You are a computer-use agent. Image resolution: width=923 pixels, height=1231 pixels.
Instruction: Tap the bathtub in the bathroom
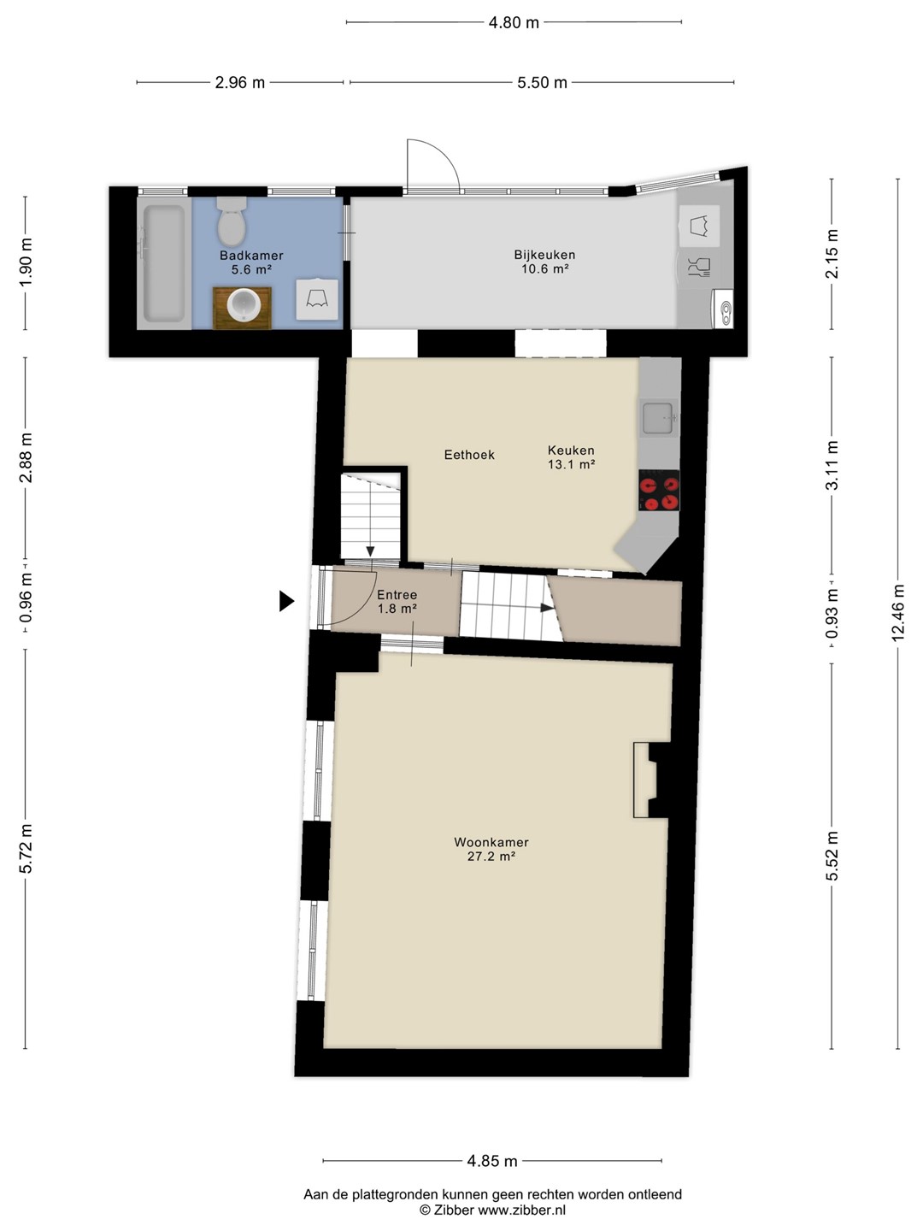[164, 264]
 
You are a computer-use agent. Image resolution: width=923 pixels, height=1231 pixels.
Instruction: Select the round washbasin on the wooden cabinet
[244, 307]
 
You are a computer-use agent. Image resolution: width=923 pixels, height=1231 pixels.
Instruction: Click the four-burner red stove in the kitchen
[659, 490]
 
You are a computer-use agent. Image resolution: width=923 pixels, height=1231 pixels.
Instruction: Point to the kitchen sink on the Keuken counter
[658, 418]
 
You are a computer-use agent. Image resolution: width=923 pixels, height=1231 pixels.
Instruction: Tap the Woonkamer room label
[491, 842]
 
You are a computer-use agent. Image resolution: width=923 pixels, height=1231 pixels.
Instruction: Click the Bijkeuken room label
[544, 255]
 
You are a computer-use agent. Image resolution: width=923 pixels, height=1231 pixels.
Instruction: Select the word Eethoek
[470, 454]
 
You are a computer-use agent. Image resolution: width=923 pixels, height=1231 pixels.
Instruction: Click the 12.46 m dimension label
[897, 613]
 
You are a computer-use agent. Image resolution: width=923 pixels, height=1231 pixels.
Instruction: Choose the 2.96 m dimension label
[240, 82]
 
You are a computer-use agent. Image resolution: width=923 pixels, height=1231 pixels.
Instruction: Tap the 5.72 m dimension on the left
[26, 849]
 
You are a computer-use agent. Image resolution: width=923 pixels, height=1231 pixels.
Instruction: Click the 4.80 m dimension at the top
[514, 22]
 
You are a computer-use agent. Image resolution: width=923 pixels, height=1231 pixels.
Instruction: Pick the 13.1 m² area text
[571, 464]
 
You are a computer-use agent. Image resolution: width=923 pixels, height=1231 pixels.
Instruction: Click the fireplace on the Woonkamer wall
[652, 780]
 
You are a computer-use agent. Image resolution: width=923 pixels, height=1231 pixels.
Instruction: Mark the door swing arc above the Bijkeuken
[443, 152]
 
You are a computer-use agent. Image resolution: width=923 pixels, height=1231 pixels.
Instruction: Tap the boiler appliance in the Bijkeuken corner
[723, 309]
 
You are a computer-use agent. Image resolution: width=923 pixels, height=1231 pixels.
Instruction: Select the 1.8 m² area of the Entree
[397, 609]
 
